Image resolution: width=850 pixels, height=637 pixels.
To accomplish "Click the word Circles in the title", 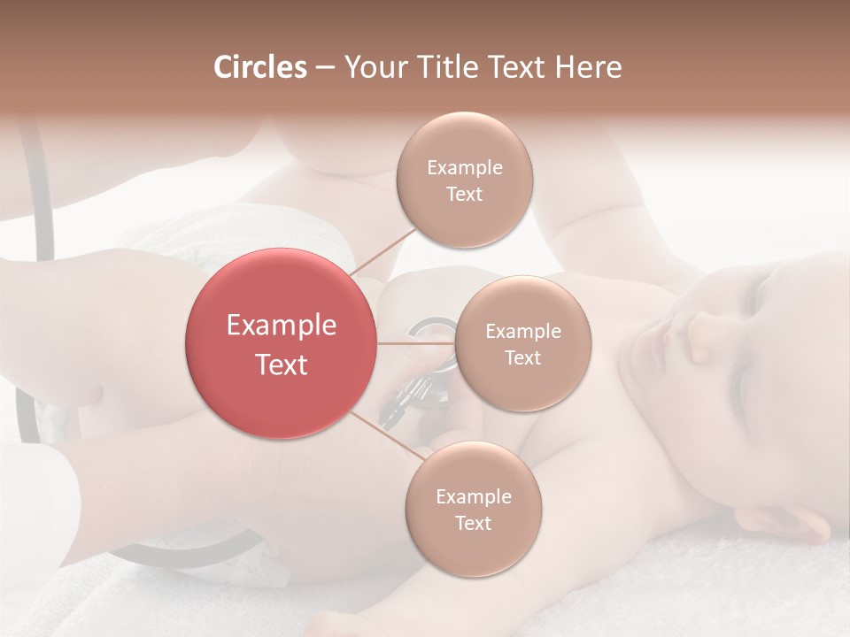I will pyautogui.click(x=260, y=67).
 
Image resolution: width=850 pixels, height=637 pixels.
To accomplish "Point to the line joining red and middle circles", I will pyautogui.click(x=416, y=343).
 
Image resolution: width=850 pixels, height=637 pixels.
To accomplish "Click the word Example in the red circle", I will pyautogui.click(x=282, y=326).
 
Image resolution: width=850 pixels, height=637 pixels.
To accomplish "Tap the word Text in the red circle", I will pyautogui.click(x=282, y=365).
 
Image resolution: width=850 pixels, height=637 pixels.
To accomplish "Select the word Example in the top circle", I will pyautogui.click(x=465, y=168).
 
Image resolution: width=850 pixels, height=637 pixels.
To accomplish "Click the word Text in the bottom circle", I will pyautogui.click(x=473, y=524).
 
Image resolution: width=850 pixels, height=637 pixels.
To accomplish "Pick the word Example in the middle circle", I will pyautogui.click(x=523, y=332).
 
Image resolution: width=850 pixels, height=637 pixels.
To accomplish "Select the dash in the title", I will pyautogui.click(x=325, y=68).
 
